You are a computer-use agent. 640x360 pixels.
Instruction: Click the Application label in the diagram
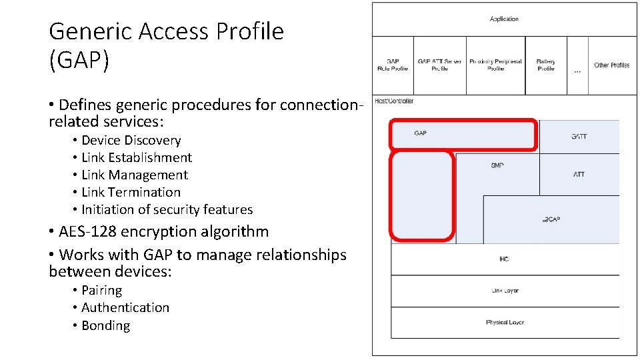point(504,19)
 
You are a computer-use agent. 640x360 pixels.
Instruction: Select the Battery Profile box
point(545,65)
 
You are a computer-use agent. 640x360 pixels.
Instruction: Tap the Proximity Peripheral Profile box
point(495,65)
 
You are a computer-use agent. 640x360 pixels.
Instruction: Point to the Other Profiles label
point(611,65)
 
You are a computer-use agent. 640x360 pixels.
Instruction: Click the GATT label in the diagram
point(579,137)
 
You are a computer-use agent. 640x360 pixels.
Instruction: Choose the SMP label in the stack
point(497,165)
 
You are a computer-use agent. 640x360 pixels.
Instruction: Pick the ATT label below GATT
point(579,175)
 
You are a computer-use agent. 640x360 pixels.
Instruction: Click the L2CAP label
point(551,219)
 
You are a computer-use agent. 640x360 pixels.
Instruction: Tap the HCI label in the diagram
point(504,259)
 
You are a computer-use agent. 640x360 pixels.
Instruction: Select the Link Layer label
point(505,291)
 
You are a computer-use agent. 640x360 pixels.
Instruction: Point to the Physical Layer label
point(505,323)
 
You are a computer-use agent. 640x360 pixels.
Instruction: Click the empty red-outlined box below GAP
point(421,196)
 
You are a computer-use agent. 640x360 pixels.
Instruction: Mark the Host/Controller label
point(394,101)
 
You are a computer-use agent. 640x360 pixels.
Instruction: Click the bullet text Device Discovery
point(131,141)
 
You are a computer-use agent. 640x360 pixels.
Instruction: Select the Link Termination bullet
point(131,193)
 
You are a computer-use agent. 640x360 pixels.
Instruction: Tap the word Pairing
point(101,291)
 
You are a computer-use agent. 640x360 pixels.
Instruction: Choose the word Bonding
point(105,326)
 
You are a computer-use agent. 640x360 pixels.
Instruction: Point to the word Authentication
point(125,308)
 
